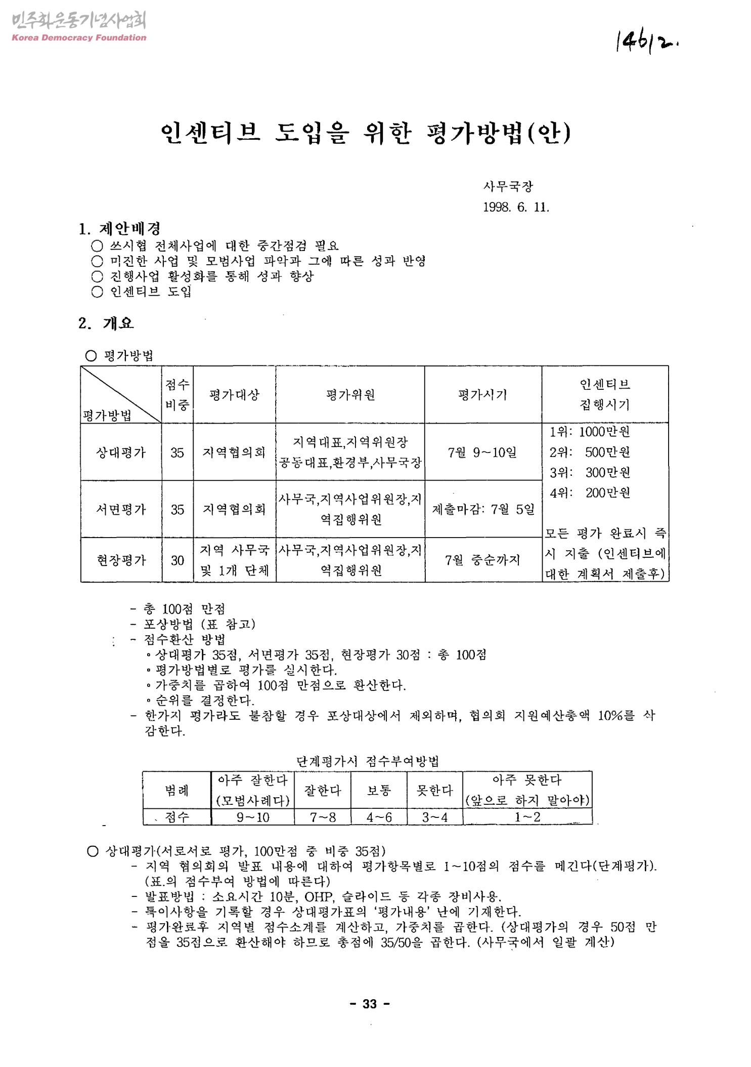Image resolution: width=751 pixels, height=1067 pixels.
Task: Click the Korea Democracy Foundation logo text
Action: click(78, 37)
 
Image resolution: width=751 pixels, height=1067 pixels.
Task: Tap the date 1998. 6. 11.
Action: click(516, 207)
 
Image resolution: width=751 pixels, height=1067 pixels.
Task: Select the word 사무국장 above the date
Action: click(508, 186)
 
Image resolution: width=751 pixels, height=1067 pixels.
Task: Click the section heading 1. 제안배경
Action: click(119, 229)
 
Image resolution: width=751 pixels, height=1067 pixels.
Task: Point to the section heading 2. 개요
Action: click(106, 323)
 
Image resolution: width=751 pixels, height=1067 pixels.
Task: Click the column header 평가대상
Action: click(234, 395)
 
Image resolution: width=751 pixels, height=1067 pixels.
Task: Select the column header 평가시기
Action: click(482, 395)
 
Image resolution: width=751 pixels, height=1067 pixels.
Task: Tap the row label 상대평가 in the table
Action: click(121, 452)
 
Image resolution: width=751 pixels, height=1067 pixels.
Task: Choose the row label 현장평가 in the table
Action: click(121, 560)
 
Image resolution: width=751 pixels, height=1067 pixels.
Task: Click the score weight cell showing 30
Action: click(177, 560)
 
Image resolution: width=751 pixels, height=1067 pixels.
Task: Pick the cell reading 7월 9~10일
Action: click(482, 452)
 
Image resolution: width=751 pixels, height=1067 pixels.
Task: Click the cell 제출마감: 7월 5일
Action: click(483, 509)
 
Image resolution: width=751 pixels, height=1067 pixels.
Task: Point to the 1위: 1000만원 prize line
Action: click(590, 432)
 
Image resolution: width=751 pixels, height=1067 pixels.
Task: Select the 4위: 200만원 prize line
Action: click(590, 493)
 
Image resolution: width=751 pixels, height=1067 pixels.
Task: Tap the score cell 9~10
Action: click(253, 817)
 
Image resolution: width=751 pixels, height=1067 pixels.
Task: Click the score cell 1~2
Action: click(527, 817)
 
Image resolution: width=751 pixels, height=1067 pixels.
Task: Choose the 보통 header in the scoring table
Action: click(379, 790)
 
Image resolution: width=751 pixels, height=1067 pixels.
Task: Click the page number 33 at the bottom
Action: click(370, 1004)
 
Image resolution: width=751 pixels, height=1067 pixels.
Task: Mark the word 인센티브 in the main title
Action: click(210, 133)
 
